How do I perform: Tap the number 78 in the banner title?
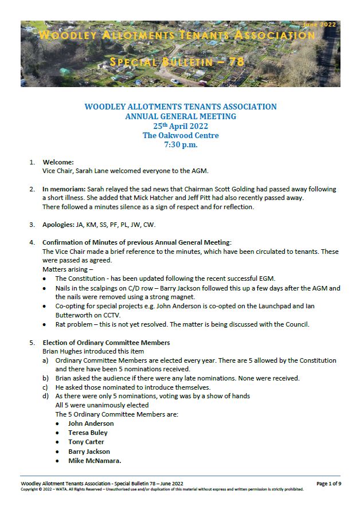pos(236,61)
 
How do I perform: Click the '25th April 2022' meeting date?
pos(180,126)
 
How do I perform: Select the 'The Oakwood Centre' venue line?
pos(180,136)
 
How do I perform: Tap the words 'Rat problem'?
pos(76,325)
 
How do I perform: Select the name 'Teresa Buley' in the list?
pos(88,433)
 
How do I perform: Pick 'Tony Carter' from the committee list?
pos(86,442)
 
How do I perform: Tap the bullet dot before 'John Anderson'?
pos(58,423)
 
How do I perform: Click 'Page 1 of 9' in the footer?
pos(328,484)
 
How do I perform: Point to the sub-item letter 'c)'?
pos(45,387)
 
